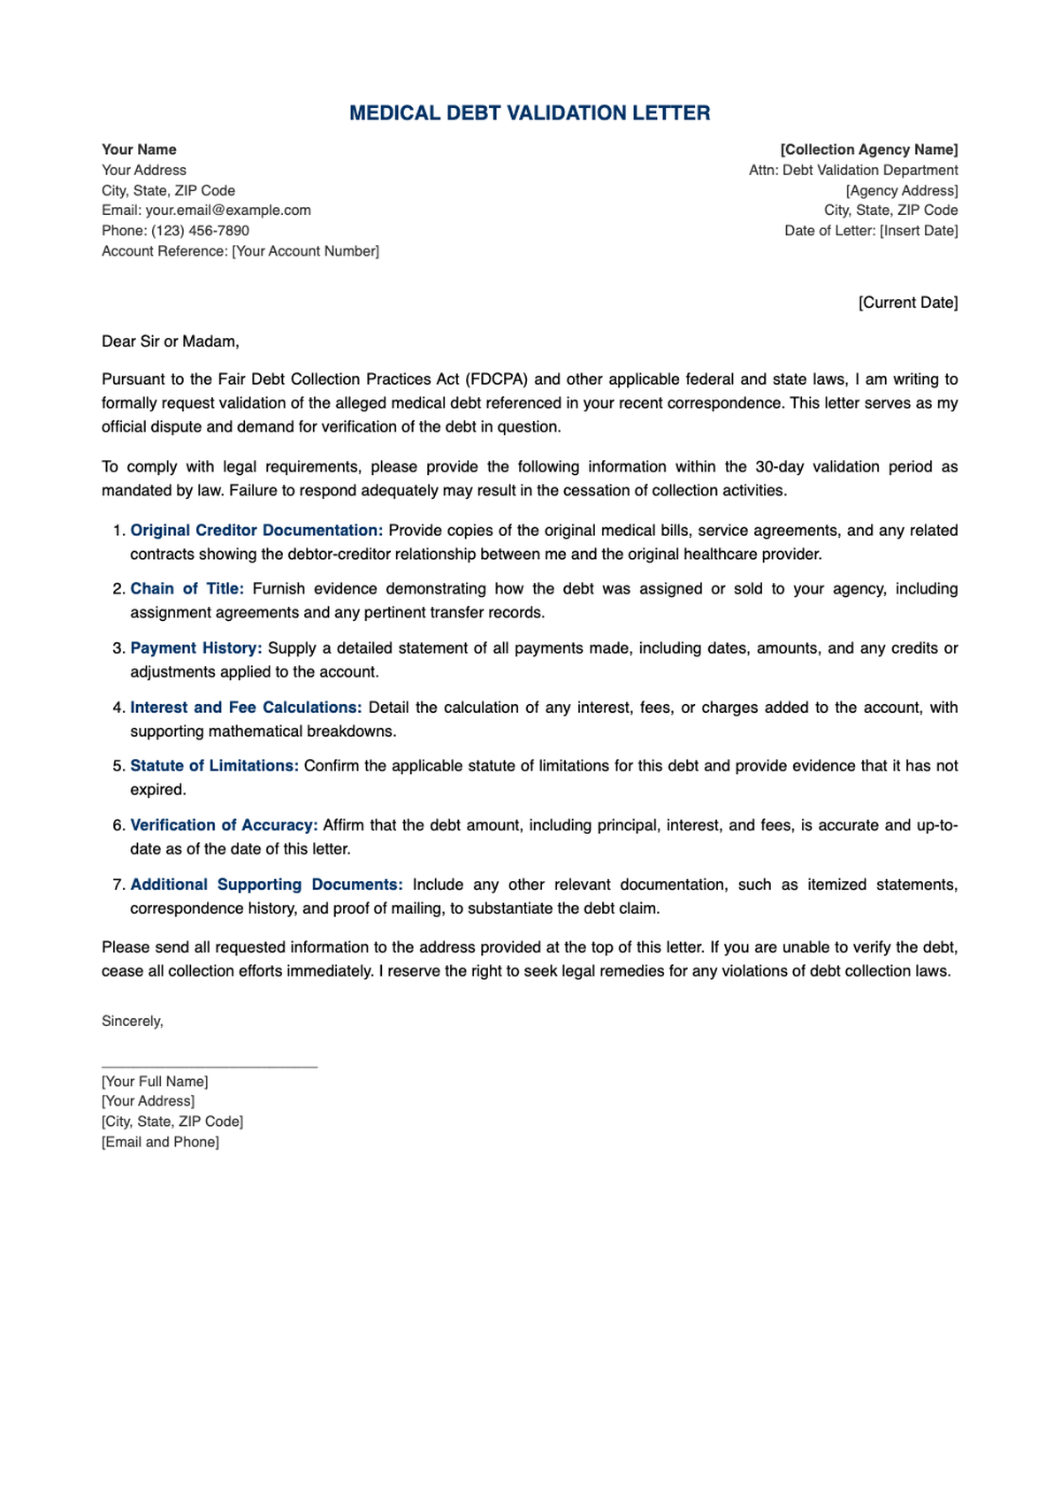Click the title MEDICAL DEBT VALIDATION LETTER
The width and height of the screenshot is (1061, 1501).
coord(530,113)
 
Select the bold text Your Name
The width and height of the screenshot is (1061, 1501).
coord(139,149)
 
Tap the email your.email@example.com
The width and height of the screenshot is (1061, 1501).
coord(228,210)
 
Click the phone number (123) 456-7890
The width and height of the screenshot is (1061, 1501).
coord(200,230)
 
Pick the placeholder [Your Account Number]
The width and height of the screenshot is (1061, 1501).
coord(305,251)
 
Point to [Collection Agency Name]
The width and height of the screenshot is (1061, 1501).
coord(868,149)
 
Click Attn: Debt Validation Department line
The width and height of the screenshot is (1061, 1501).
coord(852,170)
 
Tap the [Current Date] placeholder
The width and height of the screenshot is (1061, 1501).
coord(907,302)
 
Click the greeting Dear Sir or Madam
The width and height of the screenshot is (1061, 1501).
coord(170,341)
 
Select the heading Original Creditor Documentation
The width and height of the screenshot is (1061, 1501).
coord(256,531)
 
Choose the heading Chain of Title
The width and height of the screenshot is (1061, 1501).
coord(187,589)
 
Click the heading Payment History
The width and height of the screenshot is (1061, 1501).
coord(196,648)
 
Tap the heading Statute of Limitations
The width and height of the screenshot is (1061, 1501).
coord(214,766)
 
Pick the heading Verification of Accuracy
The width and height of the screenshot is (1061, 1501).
coord(224,825)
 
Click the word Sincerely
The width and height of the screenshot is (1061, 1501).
coord(132,1021)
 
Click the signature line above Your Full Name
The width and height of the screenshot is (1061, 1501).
coord(209,1067)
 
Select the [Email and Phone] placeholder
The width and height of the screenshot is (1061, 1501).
coord(160,1142)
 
